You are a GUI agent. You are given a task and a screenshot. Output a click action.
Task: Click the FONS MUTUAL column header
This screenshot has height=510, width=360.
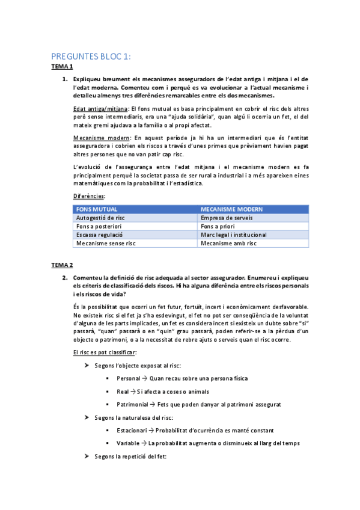pos(96,209)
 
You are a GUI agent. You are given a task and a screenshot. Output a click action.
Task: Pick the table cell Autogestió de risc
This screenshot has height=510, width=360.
pos(100,218)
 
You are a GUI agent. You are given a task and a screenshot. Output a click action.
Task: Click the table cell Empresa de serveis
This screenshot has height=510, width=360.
pos(225,218)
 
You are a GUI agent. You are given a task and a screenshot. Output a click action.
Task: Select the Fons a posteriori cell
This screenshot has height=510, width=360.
pos(97,226)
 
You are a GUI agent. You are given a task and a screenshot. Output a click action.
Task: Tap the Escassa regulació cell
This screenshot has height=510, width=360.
pos(99,235)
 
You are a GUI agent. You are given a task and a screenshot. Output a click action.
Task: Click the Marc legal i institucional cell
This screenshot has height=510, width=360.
pos(234,235)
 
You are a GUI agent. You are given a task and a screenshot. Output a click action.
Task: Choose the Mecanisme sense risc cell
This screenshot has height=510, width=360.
pos(105,244)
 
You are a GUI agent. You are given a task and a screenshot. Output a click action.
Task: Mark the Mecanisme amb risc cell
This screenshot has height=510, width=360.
pos(228,244)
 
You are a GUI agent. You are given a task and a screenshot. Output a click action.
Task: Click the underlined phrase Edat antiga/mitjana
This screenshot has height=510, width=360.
pos(99,108)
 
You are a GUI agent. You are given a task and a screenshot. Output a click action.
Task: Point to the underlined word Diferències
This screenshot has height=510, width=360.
pos(88,196)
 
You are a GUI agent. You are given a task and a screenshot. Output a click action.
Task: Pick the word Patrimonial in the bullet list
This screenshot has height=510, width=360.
pos(132,404)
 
